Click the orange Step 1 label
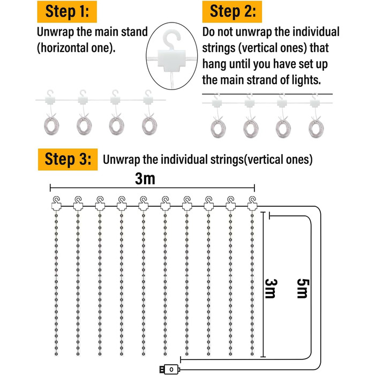pos(67,11)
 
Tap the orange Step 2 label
pos(232,11)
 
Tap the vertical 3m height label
pos(271,289)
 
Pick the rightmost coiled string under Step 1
pos(149,126)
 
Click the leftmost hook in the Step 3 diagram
pos(56,202)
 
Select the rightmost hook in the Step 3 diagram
pos(252,202)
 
